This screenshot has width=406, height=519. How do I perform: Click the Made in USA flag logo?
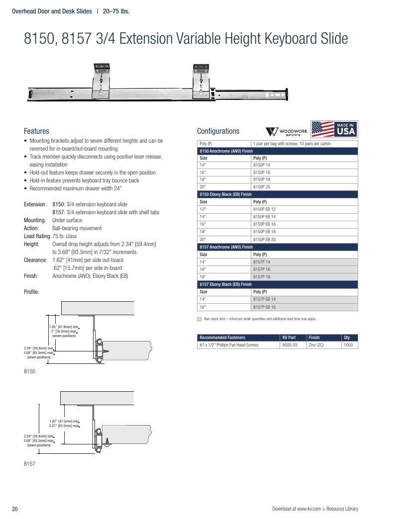[x=334, y=129]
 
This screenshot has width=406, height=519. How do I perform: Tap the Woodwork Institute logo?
[x=287, y=131]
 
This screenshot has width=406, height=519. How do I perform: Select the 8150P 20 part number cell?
[x=262, y=187]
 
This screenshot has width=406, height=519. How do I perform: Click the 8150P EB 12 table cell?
[x=264, y=209]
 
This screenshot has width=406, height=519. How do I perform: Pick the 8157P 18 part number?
[x=262, y=277]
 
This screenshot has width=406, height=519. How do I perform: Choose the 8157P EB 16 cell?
[x=264, y=307]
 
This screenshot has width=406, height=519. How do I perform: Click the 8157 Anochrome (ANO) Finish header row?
[x=278, y=247]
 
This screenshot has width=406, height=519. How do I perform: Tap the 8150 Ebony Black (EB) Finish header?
[x=278, y=194]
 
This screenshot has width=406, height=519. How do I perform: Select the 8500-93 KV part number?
[x=290, y=345]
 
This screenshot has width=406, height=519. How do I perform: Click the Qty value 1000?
[x=348, y=345]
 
